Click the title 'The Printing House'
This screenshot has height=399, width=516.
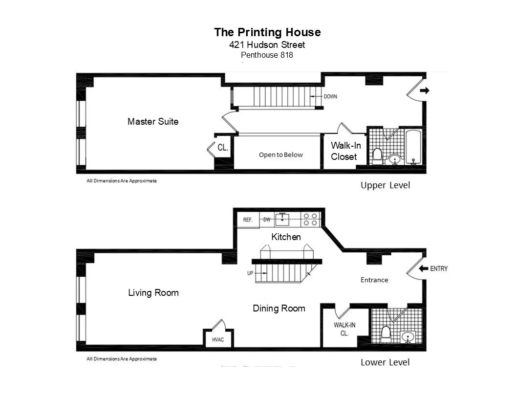pyautogui.click(x=267, y=32)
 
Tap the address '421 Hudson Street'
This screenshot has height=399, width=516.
pyautogui.click(x=267, y=45)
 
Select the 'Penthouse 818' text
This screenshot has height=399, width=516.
pyautogui.click(x=267, y=55)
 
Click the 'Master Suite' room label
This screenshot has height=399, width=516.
pyautogui.click(x=153, y=121)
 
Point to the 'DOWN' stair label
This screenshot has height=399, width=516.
pyautogui.click(x=330, y=96)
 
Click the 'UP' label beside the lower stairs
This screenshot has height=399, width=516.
pyautogui.click(x=250, y=273)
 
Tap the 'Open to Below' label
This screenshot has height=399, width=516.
pyautogui.click(x=280, y=155)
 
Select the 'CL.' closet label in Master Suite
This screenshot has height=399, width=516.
pyautogui.click(x=222, y=147)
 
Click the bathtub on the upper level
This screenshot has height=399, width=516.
pyautogui.click(x=413, y=146)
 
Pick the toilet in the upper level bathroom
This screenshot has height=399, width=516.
pyautogui.click(x=377, y=155)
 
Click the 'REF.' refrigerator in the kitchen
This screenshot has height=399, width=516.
pyautogui.click(x=248, y=220)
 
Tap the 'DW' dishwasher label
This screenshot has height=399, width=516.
pyautogui.click(x=267, y=220)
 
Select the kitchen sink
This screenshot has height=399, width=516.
pyautogui.click(x=282, y=220)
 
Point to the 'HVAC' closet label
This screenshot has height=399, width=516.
pyautogui.click(x=218, y=339)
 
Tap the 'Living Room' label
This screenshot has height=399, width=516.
pyautogui.click(x=153, y=293)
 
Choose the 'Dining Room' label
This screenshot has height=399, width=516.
pyautogui.click(x=279, y=309)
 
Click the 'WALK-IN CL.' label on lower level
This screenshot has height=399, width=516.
pyautogui.click(x=344, y=329)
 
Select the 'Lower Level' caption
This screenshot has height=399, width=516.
pyautogui.click(x=385, y=362)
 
